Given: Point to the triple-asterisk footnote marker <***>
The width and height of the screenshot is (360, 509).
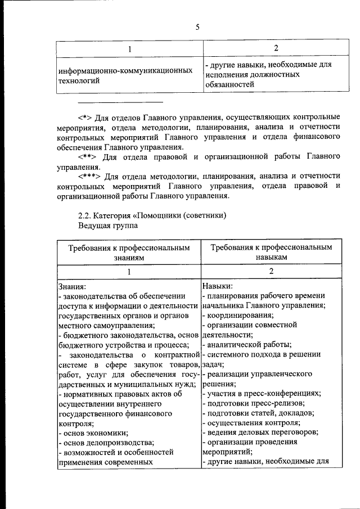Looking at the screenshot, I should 91,177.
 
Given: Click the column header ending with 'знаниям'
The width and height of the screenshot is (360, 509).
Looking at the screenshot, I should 128,252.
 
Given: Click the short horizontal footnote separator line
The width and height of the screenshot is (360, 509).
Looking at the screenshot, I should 120,102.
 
